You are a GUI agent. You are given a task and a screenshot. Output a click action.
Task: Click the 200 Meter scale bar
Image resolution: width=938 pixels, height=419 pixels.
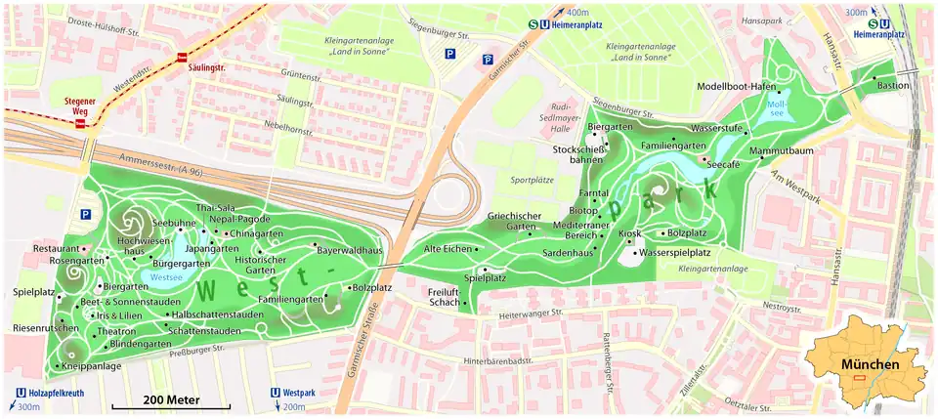tap(170, 401)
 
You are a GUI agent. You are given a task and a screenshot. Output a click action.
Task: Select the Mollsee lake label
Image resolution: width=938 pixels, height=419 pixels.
tap(778, 107)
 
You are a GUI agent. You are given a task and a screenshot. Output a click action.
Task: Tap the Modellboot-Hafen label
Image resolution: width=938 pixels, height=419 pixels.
tap(736, 86)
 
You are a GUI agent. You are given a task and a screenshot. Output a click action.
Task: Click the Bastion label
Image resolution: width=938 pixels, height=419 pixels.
tap(892, 85)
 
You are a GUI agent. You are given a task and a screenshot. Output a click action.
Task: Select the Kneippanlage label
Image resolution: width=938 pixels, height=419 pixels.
tap(91, 366)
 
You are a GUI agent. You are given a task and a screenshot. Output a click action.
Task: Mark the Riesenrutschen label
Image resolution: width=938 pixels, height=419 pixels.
tap(45, 328)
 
